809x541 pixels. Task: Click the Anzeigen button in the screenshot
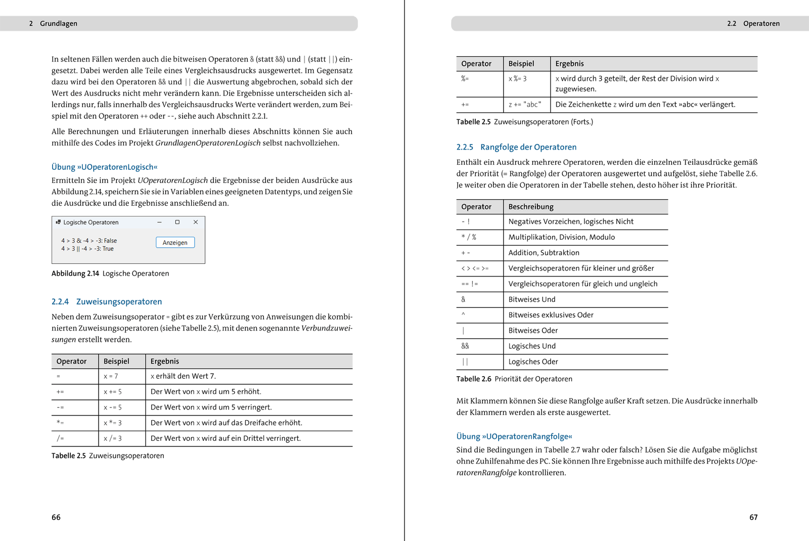coord(175,243)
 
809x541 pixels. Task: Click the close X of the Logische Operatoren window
coord(196,222)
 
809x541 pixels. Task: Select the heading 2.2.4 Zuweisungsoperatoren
coord(107,302)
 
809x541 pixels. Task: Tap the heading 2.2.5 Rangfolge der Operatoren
coord(516,147)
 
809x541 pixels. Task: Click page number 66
coord(56,517)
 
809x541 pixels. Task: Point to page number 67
coord(753,517)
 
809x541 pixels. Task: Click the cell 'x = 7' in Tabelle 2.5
coord(111,376)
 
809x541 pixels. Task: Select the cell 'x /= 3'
coord(113,438)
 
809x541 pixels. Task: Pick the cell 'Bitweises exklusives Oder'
coord(551,315)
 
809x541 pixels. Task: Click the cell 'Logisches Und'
coord(532,346)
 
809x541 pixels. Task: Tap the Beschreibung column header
coord(531,207)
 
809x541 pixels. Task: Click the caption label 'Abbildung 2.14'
coord(75,274)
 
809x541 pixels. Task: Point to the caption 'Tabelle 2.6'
coord(474,379)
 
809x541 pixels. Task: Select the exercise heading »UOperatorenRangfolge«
coord(514,436)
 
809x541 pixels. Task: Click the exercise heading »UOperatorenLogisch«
coord(105,167)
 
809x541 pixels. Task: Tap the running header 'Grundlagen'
coord(59,24)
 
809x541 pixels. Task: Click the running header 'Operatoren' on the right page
coord(761,24)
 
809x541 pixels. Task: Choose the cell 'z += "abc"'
coord(525,105)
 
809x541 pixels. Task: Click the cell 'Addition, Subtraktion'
coord(544,253)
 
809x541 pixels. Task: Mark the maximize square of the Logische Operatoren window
coord(177,222)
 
